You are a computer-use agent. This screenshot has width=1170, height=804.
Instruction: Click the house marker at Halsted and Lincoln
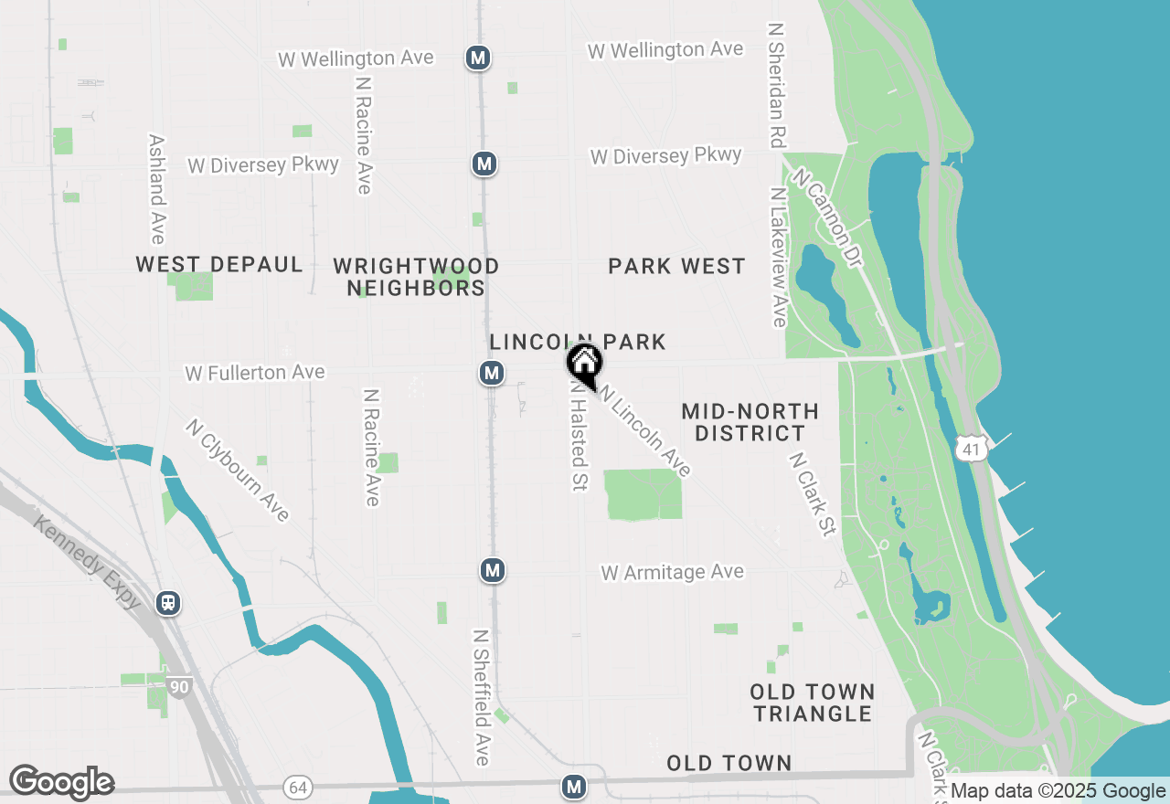(584, 363)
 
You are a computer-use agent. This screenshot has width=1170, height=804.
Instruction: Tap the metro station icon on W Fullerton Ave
(492, 373)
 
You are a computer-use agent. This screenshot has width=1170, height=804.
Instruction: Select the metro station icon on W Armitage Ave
(493, 571)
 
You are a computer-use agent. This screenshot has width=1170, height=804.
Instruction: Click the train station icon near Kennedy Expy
(168, 602)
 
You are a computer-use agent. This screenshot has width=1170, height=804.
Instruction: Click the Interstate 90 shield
(178, 684)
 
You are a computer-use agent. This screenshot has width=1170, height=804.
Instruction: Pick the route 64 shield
(296, 787)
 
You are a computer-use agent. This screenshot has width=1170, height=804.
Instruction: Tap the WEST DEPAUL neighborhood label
(219, 265)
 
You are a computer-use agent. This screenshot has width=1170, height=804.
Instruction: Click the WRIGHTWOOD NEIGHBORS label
(417, 277)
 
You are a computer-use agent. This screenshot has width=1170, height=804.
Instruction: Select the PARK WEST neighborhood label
(676, 266)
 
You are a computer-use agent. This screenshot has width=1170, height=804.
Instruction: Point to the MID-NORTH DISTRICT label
(750, 422)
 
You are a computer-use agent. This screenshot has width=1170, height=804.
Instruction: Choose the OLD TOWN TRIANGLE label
(813, 703)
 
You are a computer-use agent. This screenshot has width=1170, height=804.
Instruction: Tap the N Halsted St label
(578, 436)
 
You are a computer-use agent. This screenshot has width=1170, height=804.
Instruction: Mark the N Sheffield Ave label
(482, 696)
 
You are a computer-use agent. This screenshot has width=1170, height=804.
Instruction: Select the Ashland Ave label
(157, 189)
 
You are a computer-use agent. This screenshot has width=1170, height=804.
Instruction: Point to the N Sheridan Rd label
(778, 86)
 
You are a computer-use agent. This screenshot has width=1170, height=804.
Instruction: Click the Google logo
(61, 783)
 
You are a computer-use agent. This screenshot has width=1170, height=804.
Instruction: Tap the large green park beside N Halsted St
(643, 494)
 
